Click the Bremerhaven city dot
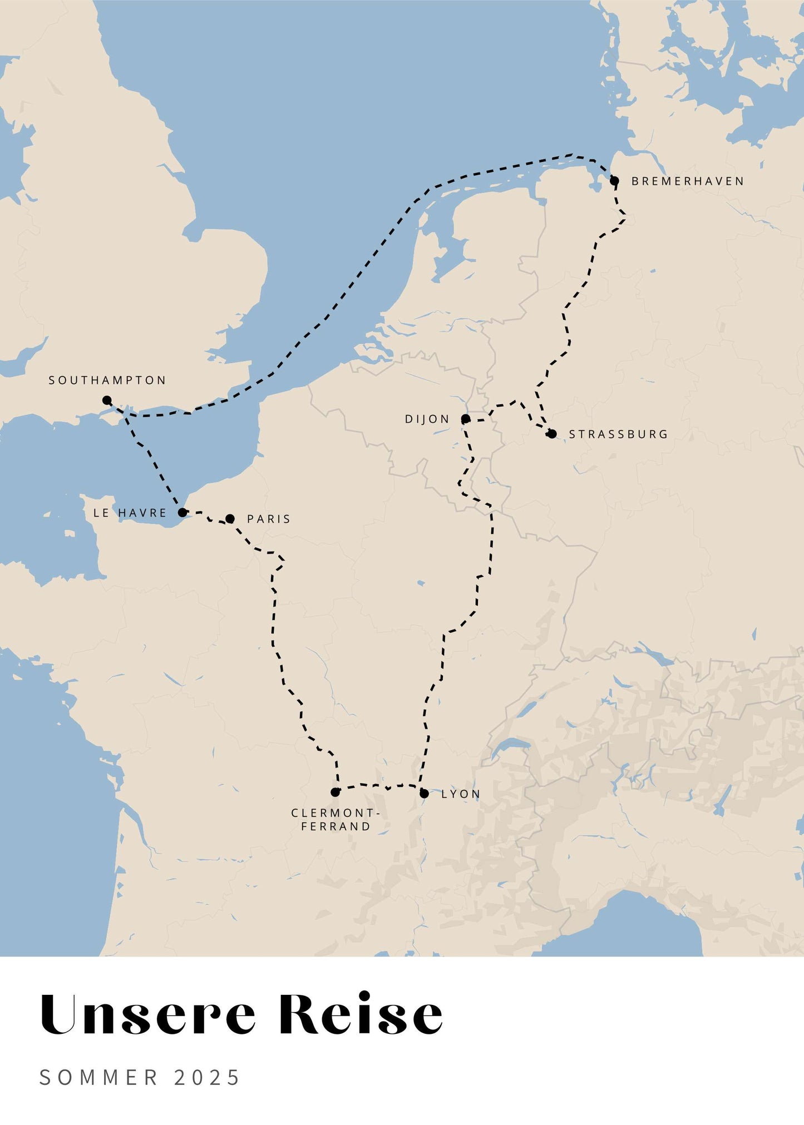point(614,181)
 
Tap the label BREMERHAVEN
point(687,181)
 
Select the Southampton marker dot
point(107,400)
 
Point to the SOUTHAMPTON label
point(107,380)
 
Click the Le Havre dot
point(182,513)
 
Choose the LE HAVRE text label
point(130,513)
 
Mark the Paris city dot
point(230,519)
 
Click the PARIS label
point(269,519)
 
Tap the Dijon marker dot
point(466,419)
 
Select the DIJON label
point(427,419)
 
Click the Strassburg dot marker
point(551,434)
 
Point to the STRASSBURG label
point(618,434)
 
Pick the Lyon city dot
point(424,794)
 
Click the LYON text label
point(461,794)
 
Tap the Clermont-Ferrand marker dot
point(335,792)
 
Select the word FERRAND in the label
point(336,827)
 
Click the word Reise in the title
point(361,1014)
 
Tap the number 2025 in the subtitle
point(206,1078)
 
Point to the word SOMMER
point(99,1078)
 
